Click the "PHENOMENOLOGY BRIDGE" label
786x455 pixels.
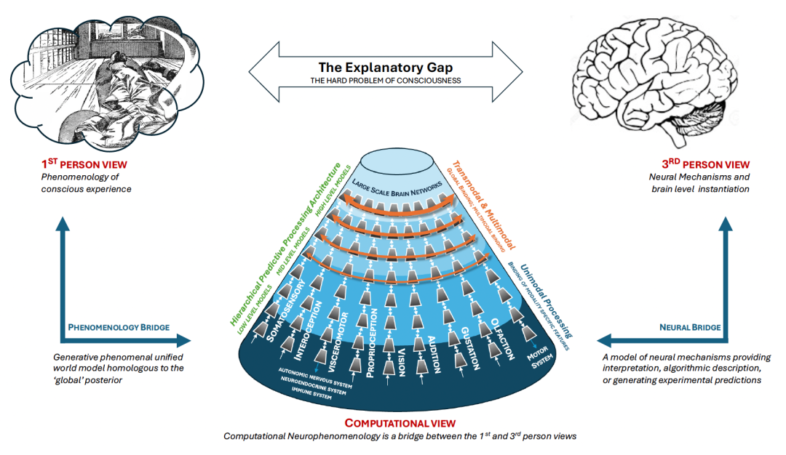pos(119,327)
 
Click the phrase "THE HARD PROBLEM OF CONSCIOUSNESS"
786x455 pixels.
pos(386,80)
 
